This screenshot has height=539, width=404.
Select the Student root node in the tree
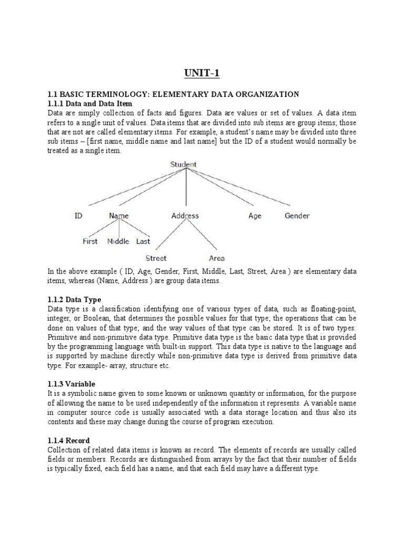[x=183, y=165]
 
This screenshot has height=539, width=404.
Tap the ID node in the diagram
[x=78, y=216]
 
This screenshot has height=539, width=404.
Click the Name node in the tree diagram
[x=118, y=216]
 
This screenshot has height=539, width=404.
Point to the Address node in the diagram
[x=185, y=216]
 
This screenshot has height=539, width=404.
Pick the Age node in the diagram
[x=255, y=216]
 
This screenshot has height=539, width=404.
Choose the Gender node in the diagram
[x=297, y=216]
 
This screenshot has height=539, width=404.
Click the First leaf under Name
[x=90, y=242]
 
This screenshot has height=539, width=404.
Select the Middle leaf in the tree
[x=118, y=242]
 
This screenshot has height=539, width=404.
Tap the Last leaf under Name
[x=143, y=242]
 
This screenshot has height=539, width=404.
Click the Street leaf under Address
[x=156, y=258]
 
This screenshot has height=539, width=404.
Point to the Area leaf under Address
[x=217, y=258]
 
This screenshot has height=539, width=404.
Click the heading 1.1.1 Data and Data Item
[x=89, y=104]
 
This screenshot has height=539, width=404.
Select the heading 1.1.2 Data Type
[x=74, y=300]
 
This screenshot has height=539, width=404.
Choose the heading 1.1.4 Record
[x=69, y=440]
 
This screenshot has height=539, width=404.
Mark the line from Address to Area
[x=203, y=235]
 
